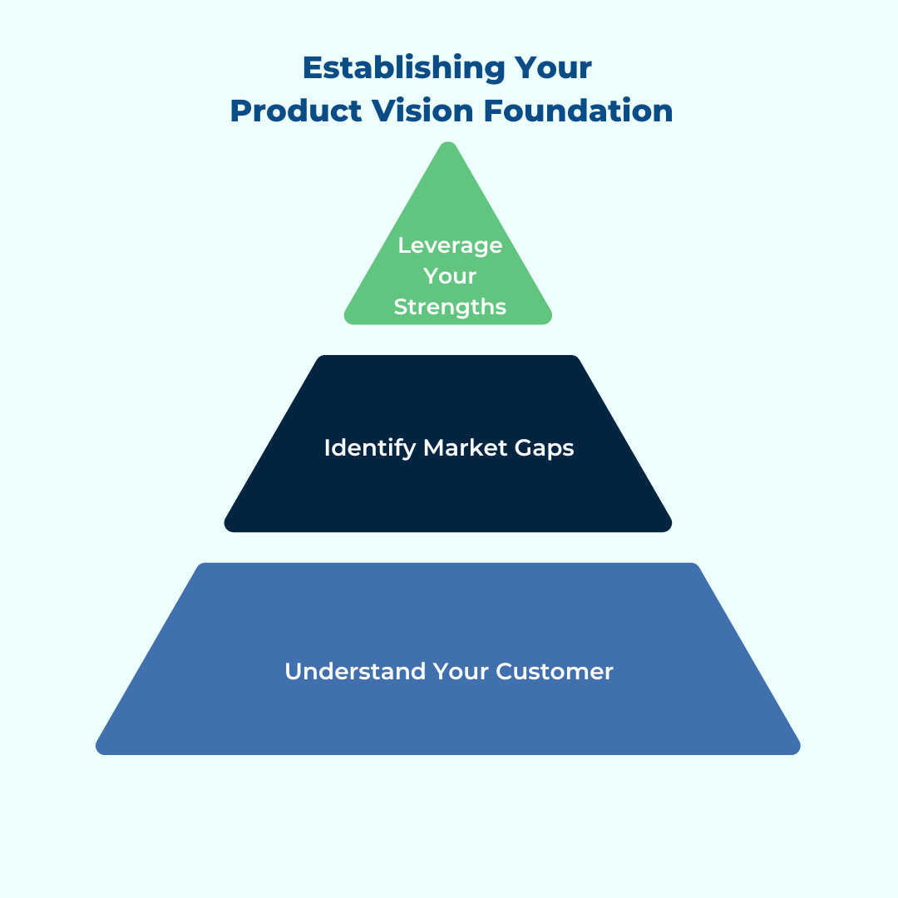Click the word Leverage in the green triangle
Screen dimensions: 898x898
pos(450,245)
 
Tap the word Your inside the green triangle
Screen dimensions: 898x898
pos(450,276)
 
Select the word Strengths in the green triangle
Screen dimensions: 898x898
pos(450,307)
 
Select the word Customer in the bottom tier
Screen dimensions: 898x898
pos(555,671)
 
